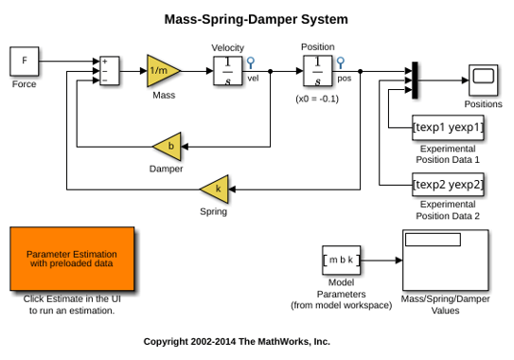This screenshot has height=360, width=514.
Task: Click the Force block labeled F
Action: (25, 61)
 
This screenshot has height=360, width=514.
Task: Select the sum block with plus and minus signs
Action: (110, 70)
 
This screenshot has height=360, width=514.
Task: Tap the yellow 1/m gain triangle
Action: (163, 70)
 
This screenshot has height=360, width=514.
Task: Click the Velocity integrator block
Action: (228, 71)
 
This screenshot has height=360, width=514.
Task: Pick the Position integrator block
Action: (318, 71)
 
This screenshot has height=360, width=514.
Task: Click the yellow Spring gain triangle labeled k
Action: (217, 189)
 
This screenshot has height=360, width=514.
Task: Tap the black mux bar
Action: (415, 81)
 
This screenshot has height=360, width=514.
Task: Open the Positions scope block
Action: (483, 81)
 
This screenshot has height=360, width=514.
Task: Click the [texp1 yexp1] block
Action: (448, 127)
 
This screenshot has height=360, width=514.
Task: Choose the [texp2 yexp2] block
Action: (448, 185)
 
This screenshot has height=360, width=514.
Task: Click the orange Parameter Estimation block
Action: (72, 259)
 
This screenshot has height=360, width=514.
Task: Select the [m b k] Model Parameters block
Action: (341, 260)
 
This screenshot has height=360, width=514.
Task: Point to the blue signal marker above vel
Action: (251, 63)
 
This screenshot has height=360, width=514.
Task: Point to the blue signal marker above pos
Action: (341, 63)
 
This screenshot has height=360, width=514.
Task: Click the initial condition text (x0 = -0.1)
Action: (317, 99)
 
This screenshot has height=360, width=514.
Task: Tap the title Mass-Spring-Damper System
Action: (256, 19)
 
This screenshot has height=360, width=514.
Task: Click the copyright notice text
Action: (237, 342)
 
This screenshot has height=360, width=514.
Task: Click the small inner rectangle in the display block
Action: (433, 240)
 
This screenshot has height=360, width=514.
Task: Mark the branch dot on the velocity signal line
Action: (270, 71)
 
